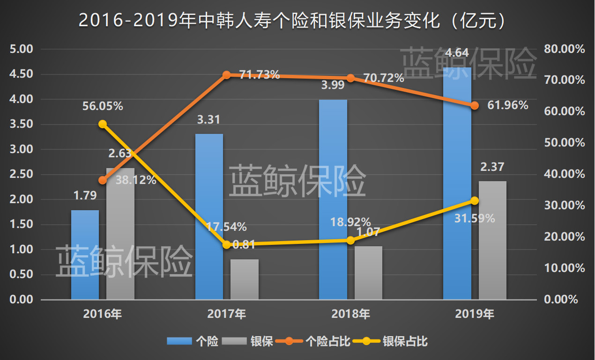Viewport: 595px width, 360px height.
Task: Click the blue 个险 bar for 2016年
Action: pos(85,255)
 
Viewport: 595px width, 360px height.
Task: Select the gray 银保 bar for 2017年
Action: pos(245,279)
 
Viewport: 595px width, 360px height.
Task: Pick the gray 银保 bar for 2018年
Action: pos(368,273)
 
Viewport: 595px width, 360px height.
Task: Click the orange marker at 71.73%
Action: pos(227,75)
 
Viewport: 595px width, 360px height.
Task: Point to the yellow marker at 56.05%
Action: pos(103,124)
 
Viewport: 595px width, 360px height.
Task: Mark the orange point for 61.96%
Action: pos(475,105)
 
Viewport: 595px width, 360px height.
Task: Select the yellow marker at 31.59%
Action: pos(475,200)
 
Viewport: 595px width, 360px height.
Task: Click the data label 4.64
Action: pos(457,52)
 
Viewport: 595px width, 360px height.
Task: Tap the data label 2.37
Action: pos(492,167)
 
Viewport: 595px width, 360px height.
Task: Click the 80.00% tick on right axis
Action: pos(565,49)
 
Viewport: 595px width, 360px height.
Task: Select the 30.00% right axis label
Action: pos(565,206)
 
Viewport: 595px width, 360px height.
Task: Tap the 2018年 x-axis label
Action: pos(350,314)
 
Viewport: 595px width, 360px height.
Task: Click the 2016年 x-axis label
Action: pos(103,314)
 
